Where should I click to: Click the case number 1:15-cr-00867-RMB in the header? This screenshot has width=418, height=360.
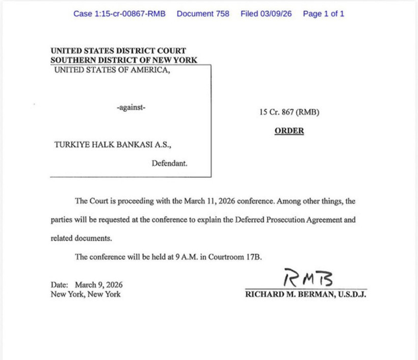pos(119,14)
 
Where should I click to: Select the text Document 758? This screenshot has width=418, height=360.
pos(203,14)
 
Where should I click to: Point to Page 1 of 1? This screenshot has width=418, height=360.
pos(323,14)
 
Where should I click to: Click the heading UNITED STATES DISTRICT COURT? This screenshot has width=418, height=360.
pos(118,51)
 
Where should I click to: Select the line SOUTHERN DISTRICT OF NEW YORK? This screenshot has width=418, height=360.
pos(124,60)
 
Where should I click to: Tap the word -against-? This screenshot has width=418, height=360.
pos(131,108)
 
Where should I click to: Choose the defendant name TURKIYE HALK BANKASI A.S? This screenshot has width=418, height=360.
pos(113,145)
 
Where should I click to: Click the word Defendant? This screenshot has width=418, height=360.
pos(169,164)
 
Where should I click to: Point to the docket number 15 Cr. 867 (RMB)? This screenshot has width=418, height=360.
pos(289,112)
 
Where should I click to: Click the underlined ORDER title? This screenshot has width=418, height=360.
pos(289,131)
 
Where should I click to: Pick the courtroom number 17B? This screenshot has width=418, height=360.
pos(253,257)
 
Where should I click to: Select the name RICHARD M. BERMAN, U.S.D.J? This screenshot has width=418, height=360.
pos(306,294)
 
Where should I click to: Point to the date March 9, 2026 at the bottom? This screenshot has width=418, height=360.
pos(98,285)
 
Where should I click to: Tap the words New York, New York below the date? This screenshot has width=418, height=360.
pos(86,294)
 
